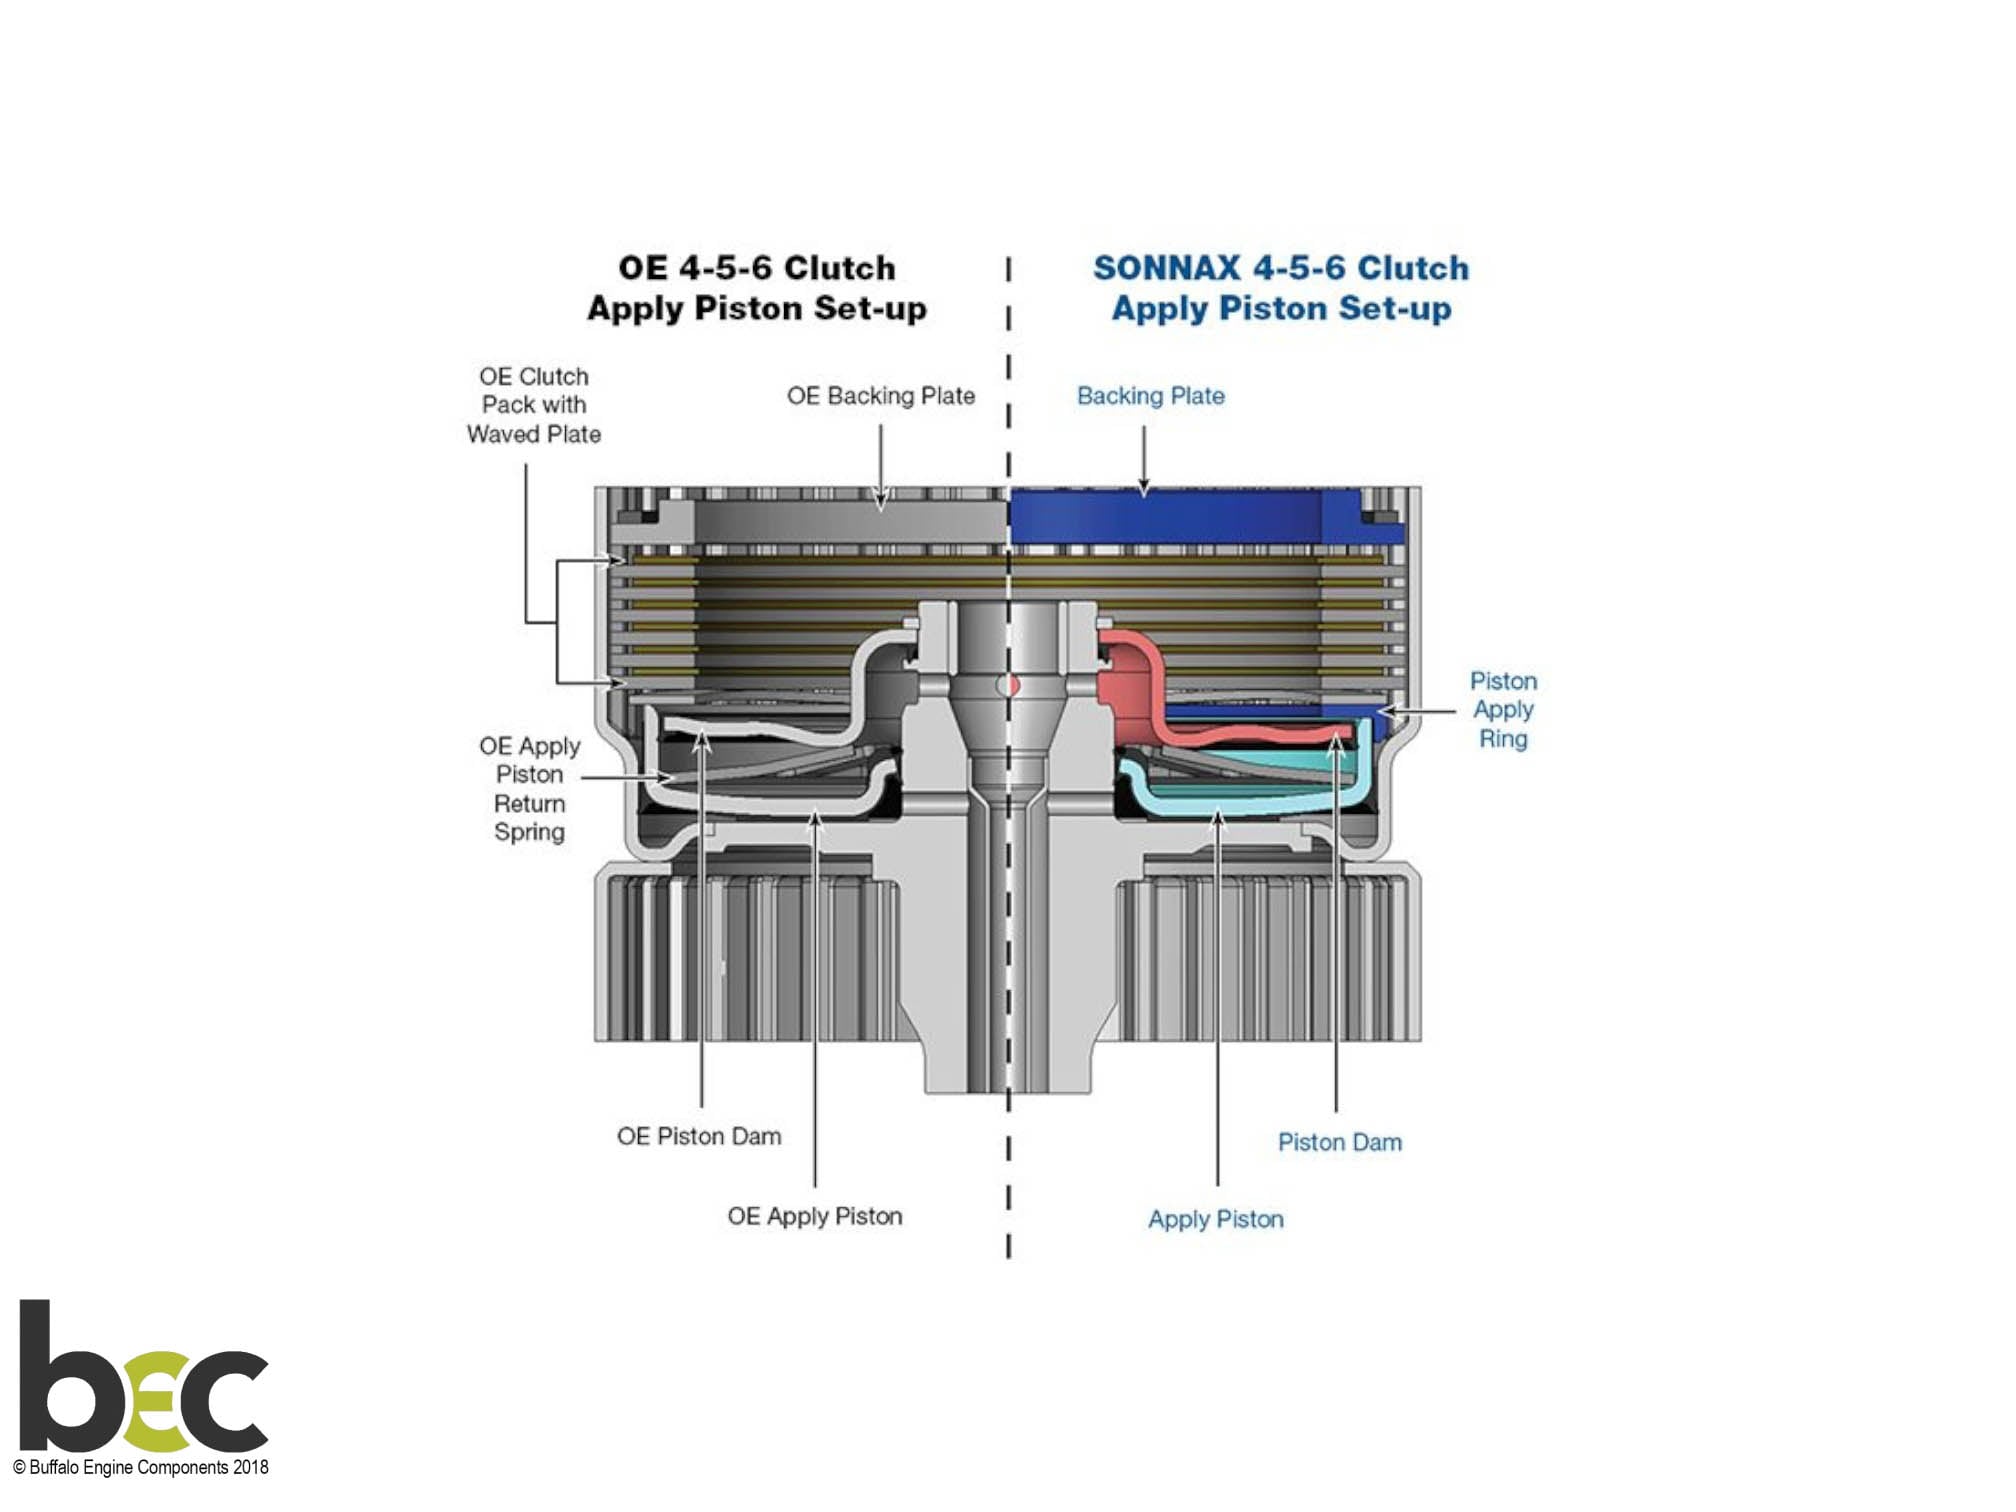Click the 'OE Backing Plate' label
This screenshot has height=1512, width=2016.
pyautogui.click(x=880, y=396)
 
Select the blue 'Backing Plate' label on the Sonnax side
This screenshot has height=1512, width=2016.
pyautogui.click(x=1150, y=396)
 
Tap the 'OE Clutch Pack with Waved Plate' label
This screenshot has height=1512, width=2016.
pyautogui.click(x=534, y=405)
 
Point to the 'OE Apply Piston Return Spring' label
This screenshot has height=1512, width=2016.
pyautogui.click(x=529, y=789)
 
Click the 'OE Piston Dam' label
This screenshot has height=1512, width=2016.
pyautogui.click(x=699, y=1136)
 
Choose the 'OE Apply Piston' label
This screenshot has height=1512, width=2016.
pyautogui.click(x=814, y=1216)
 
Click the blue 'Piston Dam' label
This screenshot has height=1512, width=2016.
pyautogui.click(x=1339, y=1142)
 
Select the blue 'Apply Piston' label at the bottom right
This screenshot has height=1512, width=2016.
pyautogui.click(x=1215, y=1219)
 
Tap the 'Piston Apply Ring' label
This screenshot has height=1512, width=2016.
pyautogui.click(x=1503, y=710)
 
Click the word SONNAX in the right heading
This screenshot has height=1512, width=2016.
pyautogui.click(x=1166, y=268)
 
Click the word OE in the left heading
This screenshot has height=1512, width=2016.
pyautogui.click(x=642, y=268)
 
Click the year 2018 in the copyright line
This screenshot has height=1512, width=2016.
pyautogui.click(x=250, y=1467)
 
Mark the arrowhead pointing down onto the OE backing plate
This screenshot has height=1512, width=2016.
pyautogui.click(x=881, y=502)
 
